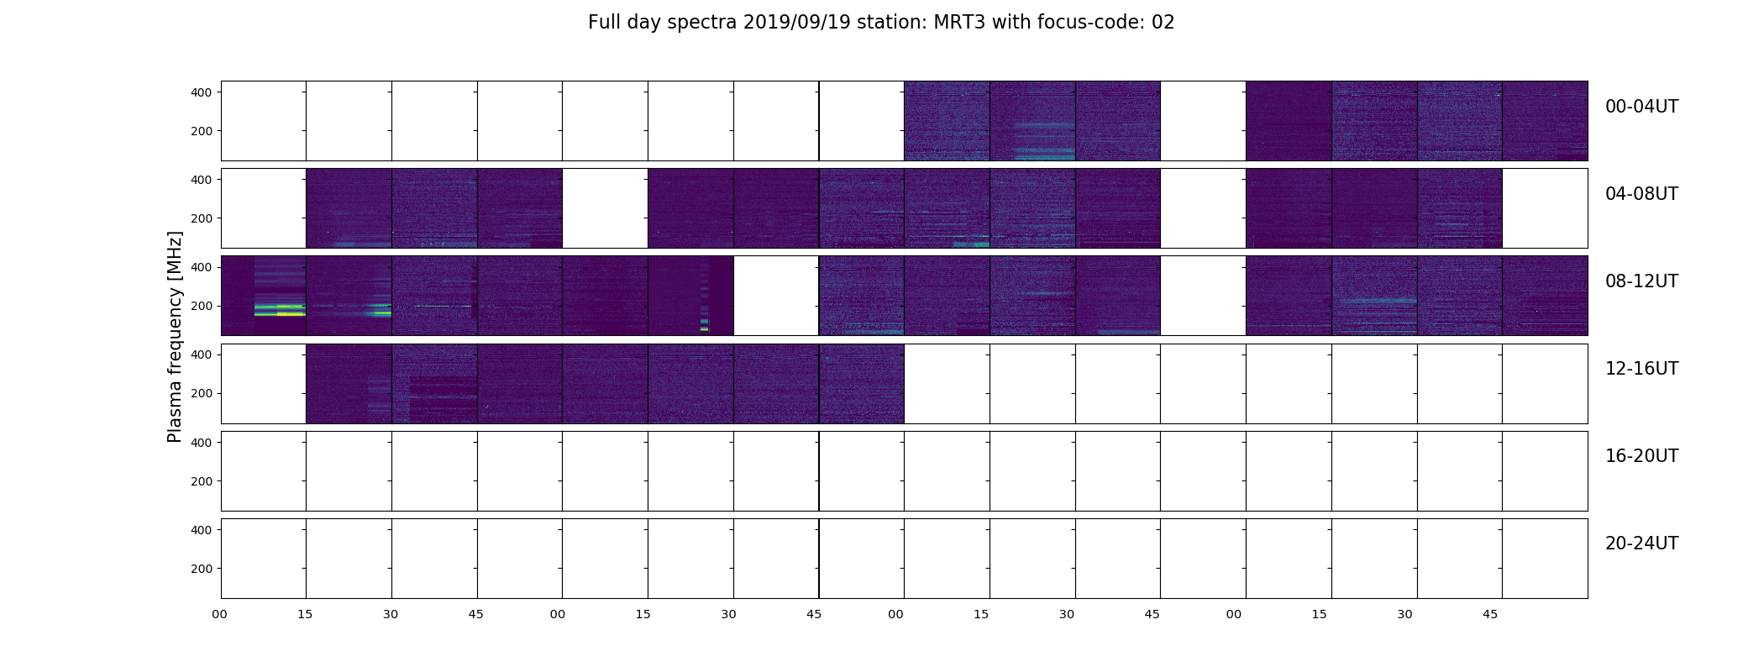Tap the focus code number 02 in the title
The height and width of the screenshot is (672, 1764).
pos(1163,23)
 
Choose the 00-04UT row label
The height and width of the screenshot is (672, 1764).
pos(1641,107)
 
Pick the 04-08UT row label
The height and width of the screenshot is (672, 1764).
pos(1641,194)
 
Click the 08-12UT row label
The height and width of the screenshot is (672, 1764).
pos(1641,281)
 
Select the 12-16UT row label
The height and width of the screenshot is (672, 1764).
pos(1641,369)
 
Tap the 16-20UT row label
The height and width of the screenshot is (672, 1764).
pos(1641,456)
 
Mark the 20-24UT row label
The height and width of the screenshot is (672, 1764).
pos(1641,543)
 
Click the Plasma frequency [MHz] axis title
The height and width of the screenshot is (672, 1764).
pos(175,337)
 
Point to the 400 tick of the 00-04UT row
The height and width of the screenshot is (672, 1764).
pos(202,92)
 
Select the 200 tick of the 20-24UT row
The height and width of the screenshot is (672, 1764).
pos(202,569)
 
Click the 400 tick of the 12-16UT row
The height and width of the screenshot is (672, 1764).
pos(202,354)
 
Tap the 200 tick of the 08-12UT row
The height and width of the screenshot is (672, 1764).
pos(202,306)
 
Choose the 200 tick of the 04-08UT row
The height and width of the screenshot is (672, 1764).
pos(202,218)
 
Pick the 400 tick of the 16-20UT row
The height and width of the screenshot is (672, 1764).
pos(202,442)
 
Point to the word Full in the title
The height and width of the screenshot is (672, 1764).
pos(605,23)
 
